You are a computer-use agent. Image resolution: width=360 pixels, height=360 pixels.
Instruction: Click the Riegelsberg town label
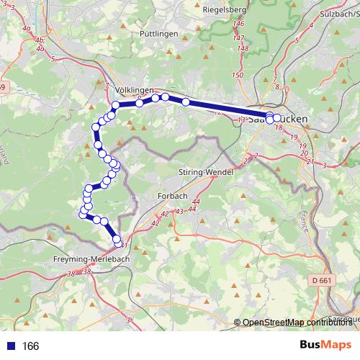pyautogui.click(x=225, y=10)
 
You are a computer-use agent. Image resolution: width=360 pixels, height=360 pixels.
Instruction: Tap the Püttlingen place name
pyautogui.click(x=140, y=34)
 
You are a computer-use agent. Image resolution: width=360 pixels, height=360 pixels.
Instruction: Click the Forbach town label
pyautogui.click(x=171, y=196)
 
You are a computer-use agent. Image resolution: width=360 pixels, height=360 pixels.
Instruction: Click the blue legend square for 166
pyautogui.click(x=10, y=346)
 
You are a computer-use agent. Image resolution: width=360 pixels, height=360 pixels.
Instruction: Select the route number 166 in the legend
pyautogui.click(x=30, y=346)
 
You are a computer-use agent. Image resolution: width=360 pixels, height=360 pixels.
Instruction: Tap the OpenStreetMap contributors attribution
pyautogui.click(x=296, y=322)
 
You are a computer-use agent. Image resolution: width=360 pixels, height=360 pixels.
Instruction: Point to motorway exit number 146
pyautogui.click(x=238, y=24)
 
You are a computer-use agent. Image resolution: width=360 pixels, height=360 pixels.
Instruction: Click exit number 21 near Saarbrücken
pyautogui.click(x=309, y=161)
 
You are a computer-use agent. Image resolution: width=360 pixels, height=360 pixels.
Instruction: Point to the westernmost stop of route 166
pyautogui.click(x=81, y=212)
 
